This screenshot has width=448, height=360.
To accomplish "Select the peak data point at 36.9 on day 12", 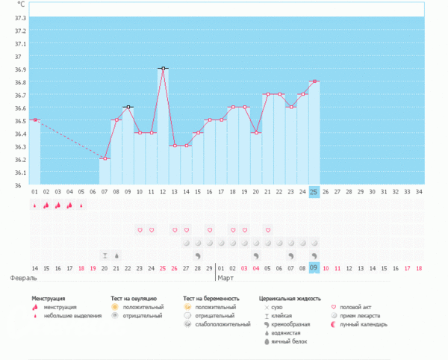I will pos(163,69).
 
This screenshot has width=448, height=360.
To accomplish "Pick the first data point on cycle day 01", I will pos(34,120).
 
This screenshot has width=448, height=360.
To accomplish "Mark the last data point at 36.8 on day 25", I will pos(314,81).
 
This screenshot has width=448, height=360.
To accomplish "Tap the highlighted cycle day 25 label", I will pos(314,192).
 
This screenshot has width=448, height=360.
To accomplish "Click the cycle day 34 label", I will pos(420,192).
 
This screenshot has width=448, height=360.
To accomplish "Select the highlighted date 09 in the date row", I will pos(314,267).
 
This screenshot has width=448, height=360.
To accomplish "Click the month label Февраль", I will pos(24,277).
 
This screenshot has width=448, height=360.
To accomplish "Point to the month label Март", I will pos(225,277).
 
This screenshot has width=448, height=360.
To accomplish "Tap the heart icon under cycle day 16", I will pos(210,230).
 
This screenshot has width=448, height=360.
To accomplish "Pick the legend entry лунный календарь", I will pos(364,324).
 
